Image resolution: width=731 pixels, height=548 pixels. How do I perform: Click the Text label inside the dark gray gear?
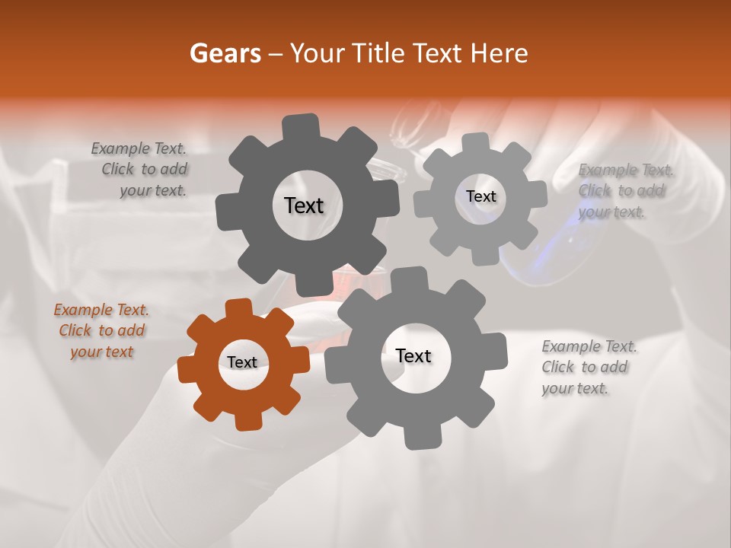(x=304, y=205)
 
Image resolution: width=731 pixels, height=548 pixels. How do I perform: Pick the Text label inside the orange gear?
(x=242, y=363)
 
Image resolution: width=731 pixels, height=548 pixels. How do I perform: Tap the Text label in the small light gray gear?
(x=480, y=196)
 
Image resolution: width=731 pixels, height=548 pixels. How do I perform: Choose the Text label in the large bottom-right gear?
(x=413, y=356)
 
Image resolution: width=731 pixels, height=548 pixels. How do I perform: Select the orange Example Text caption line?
(x=101, y=310)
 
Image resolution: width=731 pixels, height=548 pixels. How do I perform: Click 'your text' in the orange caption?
(x=101, y=352)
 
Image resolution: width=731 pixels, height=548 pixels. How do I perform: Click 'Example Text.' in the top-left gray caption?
(x=139, y=148)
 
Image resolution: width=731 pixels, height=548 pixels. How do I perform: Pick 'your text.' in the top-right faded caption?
(x=611, y=212)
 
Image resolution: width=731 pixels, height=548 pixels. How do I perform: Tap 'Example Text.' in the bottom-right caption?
(x=589, y=346)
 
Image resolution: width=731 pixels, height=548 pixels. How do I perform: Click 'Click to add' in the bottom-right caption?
(x=585, y=367)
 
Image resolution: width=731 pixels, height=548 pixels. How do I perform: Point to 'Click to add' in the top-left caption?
(x=145, y=169)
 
